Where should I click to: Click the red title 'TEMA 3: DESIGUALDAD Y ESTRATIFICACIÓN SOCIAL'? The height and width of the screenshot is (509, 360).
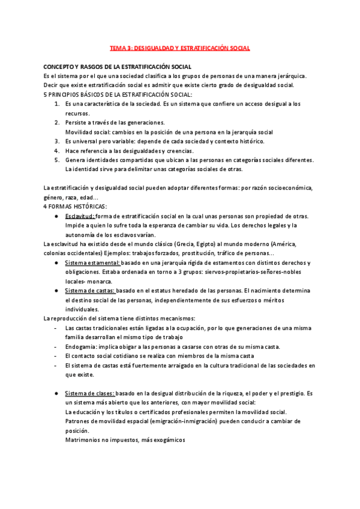coord(179,47)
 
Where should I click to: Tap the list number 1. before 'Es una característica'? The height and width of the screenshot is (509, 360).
coord(57,104)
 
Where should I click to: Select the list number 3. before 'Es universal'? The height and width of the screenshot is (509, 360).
coord(57,141)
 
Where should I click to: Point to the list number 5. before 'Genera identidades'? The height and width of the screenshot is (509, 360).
coord(57,160)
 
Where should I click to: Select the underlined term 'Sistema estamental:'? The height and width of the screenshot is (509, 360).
coord(92,263)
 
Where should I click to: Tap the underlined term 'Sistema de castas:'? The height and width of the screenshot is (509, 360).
coord(90,291)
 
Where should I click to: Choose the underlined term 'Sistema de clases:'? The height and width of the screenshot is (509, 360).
coord(89,393)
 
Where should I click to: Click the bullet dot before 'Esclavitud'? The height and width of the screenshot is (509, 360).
coord(55,216)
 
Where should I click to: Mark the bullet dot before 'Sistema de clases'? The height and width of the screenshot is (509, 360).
coord(55,393)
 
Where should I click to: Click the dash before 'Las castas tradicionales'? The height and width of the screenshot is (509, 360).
coord(55,328)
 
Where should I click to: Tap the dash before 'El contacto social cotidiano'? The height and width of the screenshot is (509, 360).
coord(55,356)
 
